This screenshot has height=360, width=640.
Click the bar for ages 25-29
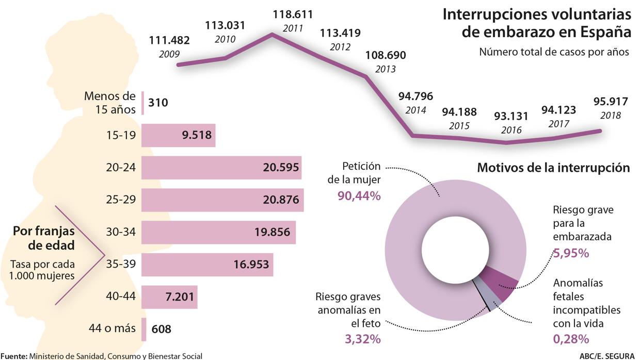[222, 200]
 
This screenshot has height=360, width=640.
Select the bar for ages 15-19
[178, 136]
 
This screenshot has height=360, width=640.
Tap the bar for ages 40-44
[169, 297]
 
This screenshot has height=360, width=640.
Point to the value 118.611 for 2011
[293, 14]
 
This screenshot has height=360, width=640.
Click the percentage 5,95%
[571, 253]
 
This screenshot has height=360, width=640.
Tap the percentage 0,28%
[571, 339]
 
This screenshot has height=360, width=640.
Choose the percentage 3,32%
[362, 339]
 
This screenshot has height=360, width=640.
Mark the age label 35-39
[120, 265]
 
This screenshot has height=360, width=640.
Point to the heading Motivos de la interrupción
[553, 168]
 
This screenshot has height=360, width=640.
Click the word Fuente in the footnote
[13, 355]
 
